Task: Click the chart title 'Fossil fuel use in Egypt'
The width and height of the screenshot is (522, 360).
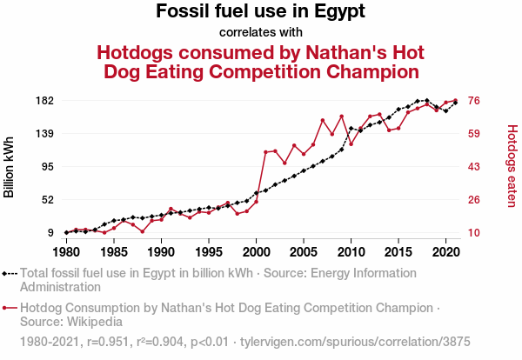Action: [260, 12]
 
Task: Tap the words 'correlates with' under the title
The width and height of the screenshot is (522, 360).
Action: [260, 33]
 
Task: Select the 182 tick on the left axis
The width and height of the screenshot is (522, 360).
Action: [45, 101]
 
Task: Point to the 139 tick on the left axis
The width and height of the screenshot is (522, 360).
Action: [45, 134]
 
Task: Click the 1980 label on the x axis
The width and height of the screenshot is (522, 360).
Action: [66, 251]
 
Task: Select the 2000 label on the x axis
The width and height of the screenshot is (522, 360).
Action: [256, 251]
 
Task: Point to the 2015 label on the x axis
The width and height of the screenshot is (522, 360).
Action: [398, 251]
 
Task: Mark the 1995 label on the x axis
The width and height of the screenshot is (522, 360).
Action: [208, 251]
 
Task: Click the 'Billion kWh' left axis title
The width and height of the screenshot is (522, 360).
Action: [10, 166]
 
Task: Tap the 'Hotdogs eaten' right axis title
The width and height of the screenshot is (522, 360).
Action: [512, 166]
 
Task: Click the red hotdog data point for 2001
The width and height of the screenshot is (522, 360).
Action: [265, 152]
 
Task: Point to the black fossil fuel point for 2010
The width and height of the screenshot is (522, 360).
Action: [351, 129]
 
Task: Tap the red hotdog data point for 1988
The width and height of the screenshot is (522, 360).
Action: [142, 231]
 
